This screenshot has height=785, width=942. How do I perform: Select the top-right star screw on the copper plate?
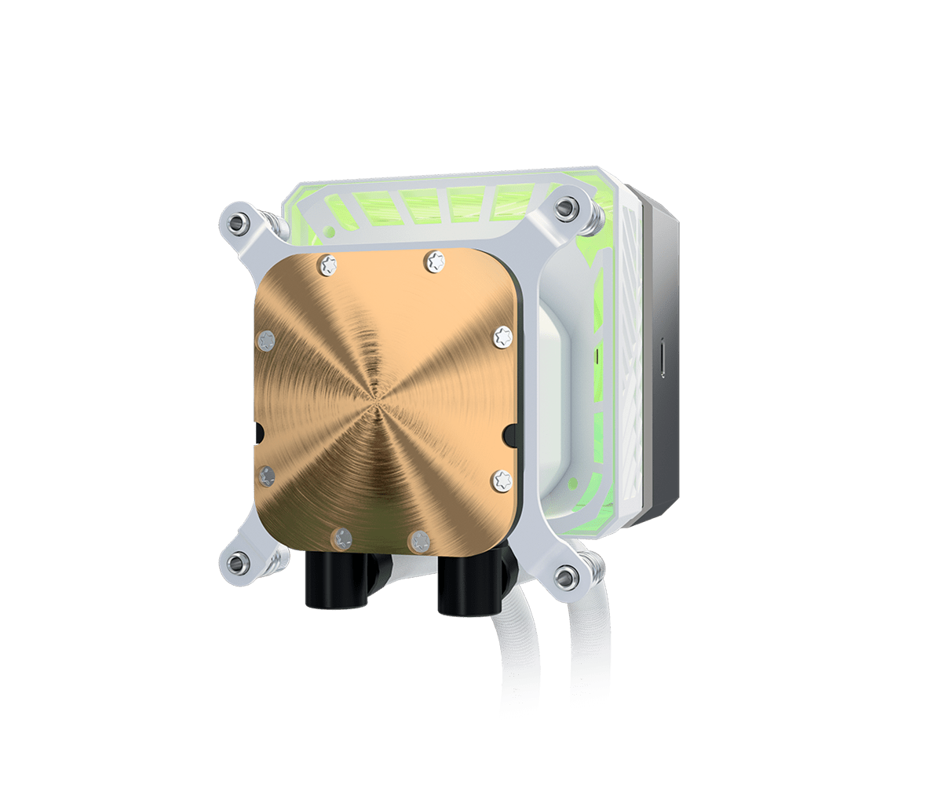click(433, 261)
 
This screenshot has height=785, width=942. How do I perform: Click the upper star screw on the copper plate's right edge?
click(502, 337)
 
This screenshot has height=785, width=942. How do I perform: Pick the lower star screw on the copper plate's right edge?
click(501, 480)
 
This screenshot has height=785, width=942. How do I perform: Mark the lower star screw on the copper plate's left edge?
click(267, 474)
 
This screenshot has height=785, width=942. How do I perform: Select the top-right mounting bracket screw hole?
click(564, 210)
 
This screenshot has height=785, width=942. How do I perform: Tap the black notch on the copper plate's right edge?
click(510, 431)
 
